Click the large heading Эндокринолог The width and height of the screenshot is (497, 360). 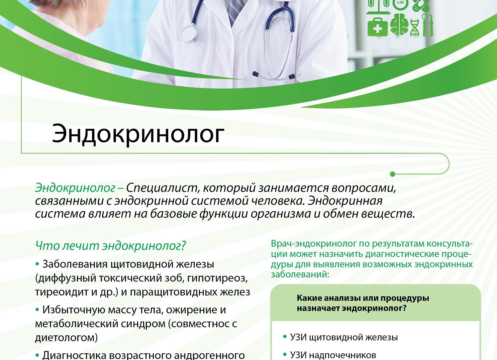[x=137, y=133]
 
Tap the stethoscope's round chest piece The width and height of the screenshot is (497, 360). [x=189, y=33]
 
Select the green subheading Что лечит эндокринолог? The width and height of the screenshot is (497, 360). [x=110, y=246]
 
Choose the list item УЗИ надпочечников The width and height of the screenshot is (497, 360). [x=333, y=355]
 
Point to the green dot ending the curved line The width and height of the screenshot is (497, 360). [x=393, y=174]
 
